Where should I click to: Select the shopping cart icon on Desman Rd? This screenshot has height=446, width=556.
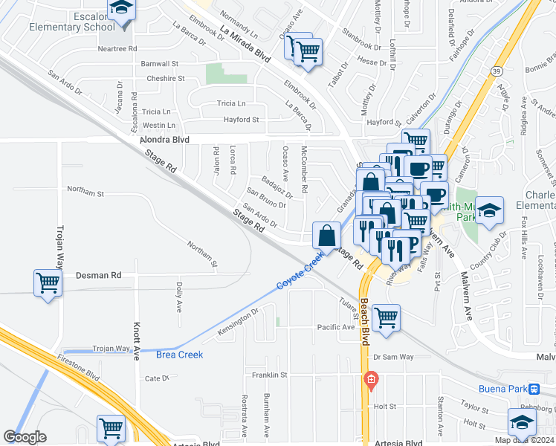pyautogui.click(x=48, y=283)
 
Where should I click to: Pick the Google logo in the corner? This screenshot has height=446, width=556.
pyautogui.click(x=25, y=437)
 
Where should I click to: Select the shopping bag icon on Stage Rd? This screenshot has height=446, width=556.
pyautogui.click(x=326, y=236)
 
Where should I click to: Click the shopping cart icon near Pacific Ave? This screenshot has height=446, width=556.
pyautogui.click(x=386, y=318)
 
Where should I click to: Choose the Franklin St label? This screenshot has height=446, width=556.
pyautogui.click(x=269, y=375)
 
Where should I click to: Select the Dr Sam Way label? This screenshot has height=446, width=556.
pyautogui.click(x=394, y=357)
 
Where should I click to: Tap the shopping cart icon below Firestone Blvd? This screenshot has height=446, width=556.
pyautogui.click(x=111, y=428)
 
